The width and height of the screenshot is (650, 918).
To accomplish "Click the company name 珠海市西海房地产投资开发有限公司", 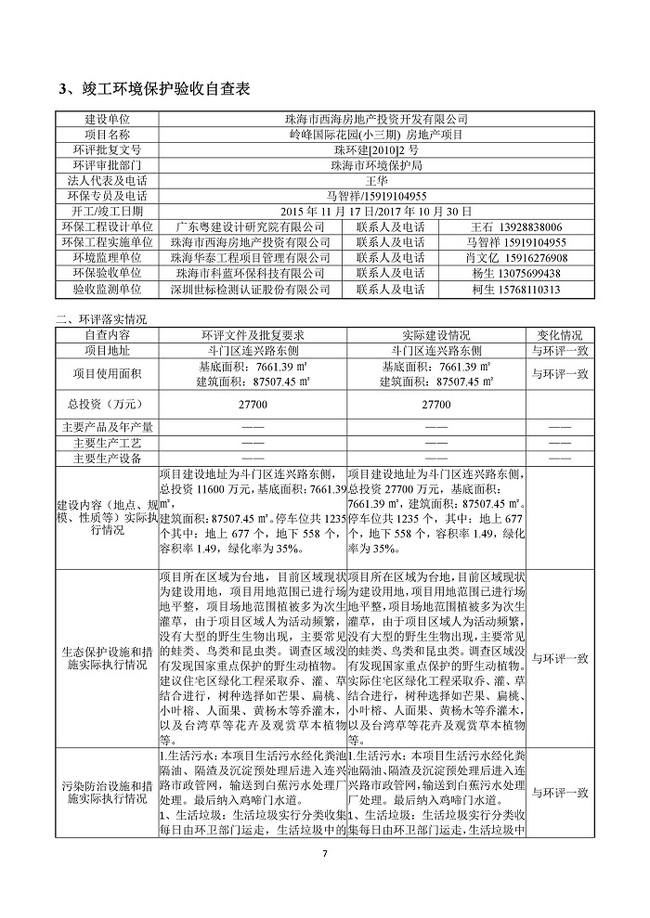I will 376,120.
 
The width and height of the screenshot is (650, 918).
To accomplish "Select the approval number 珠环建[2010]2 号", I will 376,149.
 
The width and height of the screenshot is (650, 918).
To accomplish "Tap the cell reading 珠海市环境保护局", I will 376,165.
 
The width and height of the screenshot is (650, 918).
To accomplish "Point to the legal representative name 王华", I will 376,180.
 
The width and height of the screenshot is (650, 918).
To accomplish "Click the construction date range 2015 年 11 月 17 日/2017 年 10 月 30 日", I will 376,211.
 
